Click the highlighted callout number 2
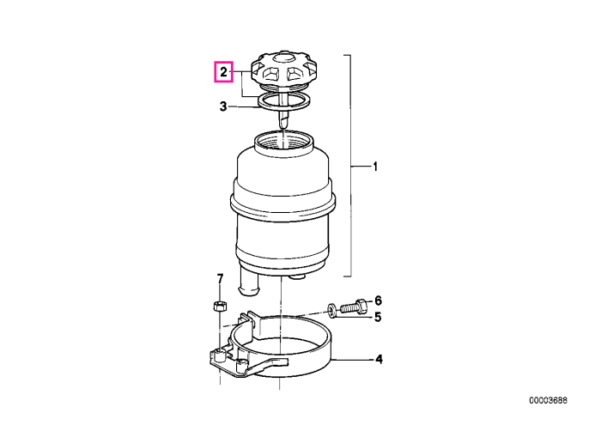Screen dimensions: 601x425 [x=223, y=71]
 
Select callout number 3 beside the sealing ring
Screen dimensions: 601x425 [x=223, y=106]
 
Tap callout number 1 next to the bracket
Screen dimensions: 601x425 [x=375, y=167]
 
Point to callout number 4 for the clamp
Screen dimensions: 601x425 [x=379, y=360]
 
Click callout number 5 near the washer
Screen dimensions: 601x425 [x=378, y=318]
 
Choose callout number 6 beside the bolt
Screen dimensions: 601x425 [x=378, y=301]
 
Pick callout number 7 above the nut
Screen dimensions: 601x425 [x=220, y=279]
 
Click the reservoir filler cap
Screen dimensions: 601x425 [x=282, y=71]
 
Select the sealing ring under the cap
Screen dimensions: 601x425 [x=283, y=101]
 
